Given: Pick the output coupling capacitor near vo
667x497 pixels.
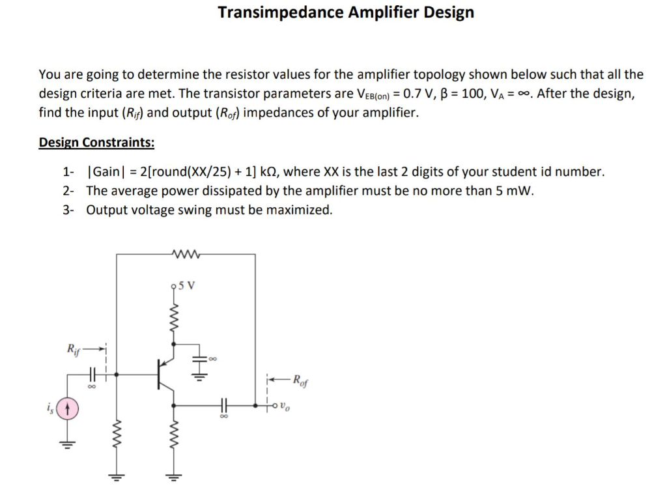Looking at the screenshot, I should (x=226, y=405).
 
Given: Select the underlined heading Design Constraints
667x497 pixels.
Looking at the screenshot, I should (x=96, y=142).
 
